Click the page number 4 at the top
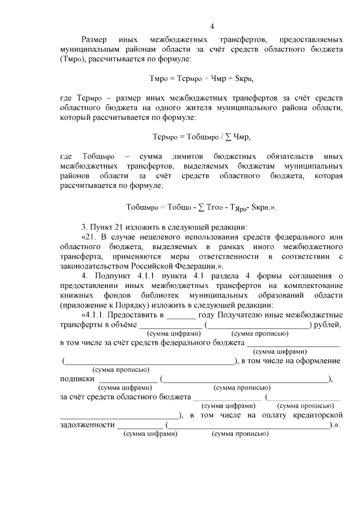[212, 26]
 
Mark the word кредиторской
[317, 415]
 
